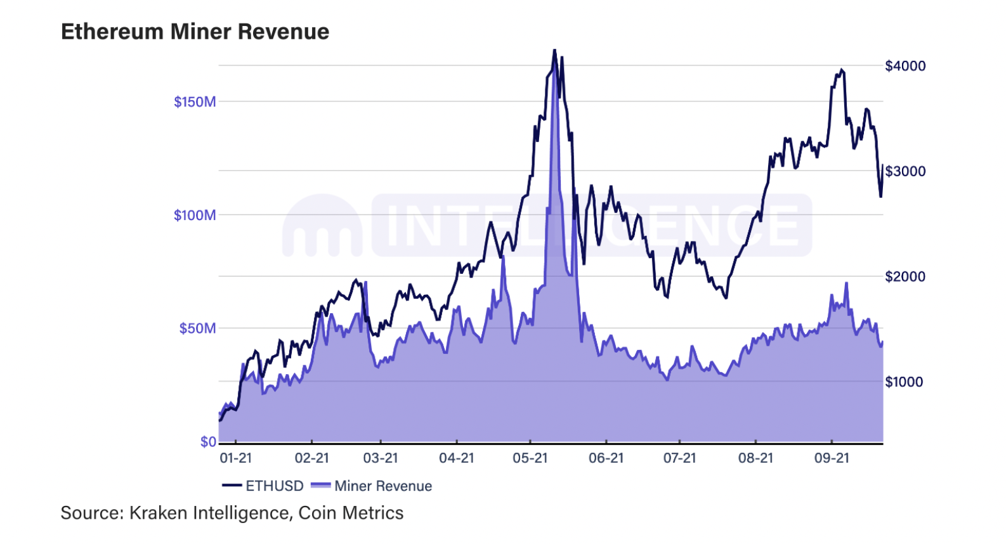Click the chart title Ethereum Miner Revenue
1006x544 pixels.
(195, 32)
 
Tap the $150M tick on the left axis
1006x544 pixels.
(195, 102)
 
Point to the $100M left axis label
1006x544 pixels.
(195, 216)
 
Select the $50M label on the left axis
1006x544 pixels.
(198, 328)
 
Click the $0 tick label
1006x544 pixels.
(209, 442)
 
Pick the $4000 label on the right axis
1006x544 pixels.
(905, 66)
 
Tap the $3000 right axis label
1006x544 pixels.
(905, 171)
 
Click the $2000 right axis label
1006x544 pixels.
(905, 276)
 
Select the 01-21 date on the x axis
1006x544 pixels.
(236, 458)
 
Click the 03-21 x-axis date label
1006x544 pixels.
(381, 458)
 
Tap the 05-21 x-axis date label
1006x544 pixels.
(530, 458)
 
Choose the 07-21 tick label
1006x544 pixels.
(680, 458)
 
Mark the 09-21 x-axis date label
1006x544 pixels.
(832, 458)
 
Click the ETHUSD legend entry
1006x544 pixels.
(263, 486)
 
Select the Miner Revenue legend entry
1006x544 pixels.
(372, 486)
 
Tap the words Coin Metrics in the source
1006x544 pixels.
(351, 513)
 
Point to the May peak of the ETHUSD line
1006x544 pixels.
(554, 50)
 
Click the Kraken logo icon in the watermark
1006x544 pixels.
(322, 225)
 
